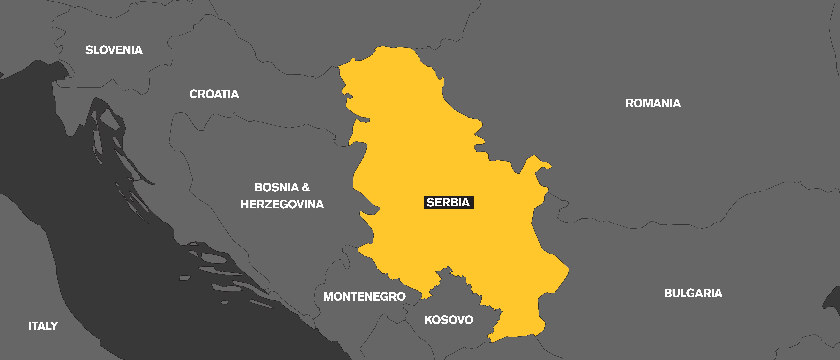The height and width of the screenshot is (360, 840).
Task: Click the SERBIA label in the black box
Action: [448, 202]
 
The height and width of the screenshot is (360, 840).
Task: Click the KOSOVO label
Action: [448, 320]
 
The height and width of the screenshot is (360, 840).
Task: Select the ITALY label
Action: [43, 326]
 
